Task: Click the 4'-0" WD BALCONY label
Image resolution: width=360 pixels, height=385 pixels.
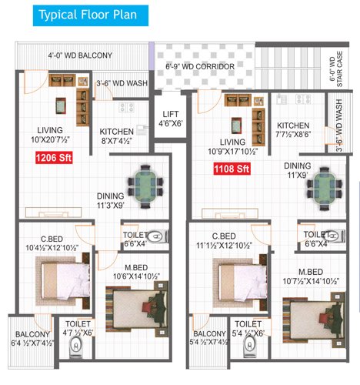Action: click(x=80, y=55)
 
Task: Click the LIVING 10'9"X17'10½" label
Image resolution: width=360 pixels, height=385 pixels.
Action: click(x=232, y=147)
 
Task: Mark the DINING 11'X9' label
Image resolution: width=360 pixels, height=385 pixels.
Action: click(x=297, y=170)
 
